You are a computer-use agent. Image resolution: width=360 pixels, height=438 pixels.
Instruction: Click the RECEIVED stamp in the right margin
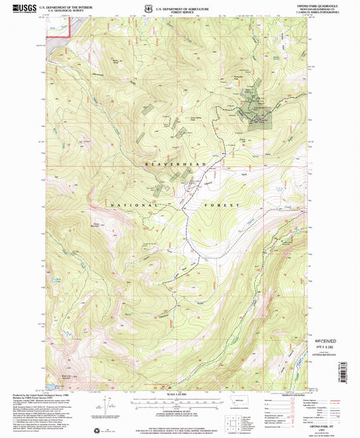click(x=326, y=341)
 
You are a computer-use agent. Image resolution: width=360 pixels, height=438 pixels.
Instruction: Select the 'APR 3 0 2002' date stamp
click(x=325, y=349)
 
